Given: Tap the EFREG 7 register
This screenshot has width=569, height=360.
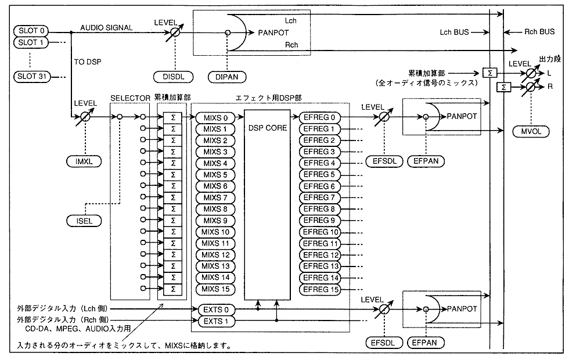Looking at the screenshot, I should (320, 197).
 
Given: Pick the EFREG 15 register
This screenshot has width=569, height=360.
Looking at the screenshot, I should (320, 289).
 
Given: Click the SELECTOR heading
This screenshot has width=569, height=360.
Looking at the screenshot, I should (130, 99).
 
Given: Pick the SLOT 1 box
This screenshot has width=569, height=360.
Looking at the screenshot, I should (30, 42).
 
